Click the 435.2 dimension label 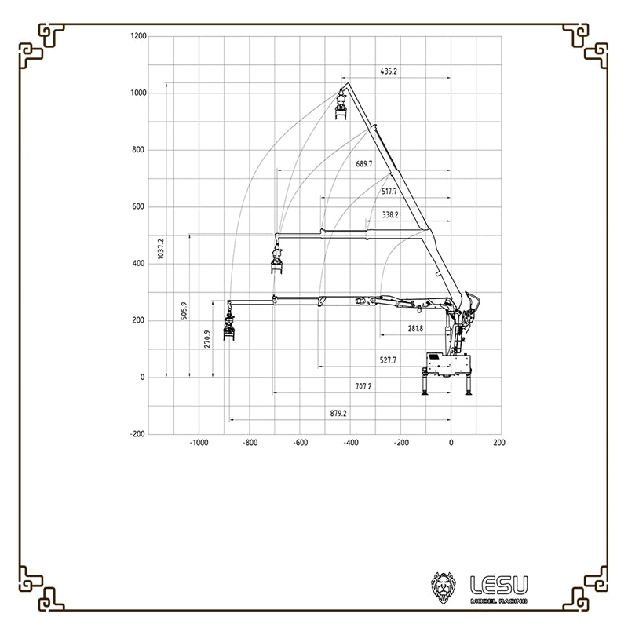(389, 71)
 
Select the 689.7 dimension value (364, 164)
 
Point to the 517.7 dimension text (389, 192)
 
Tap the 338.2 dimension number (390, 215)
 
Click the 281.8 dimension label (415, 329)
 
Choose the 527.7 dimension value (388, 360)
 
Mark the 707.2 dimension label (363, 386)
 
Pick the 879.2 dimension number (338, 414)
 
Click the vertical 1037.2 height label (161, 249)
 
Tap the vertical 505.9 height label (184, 311)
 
